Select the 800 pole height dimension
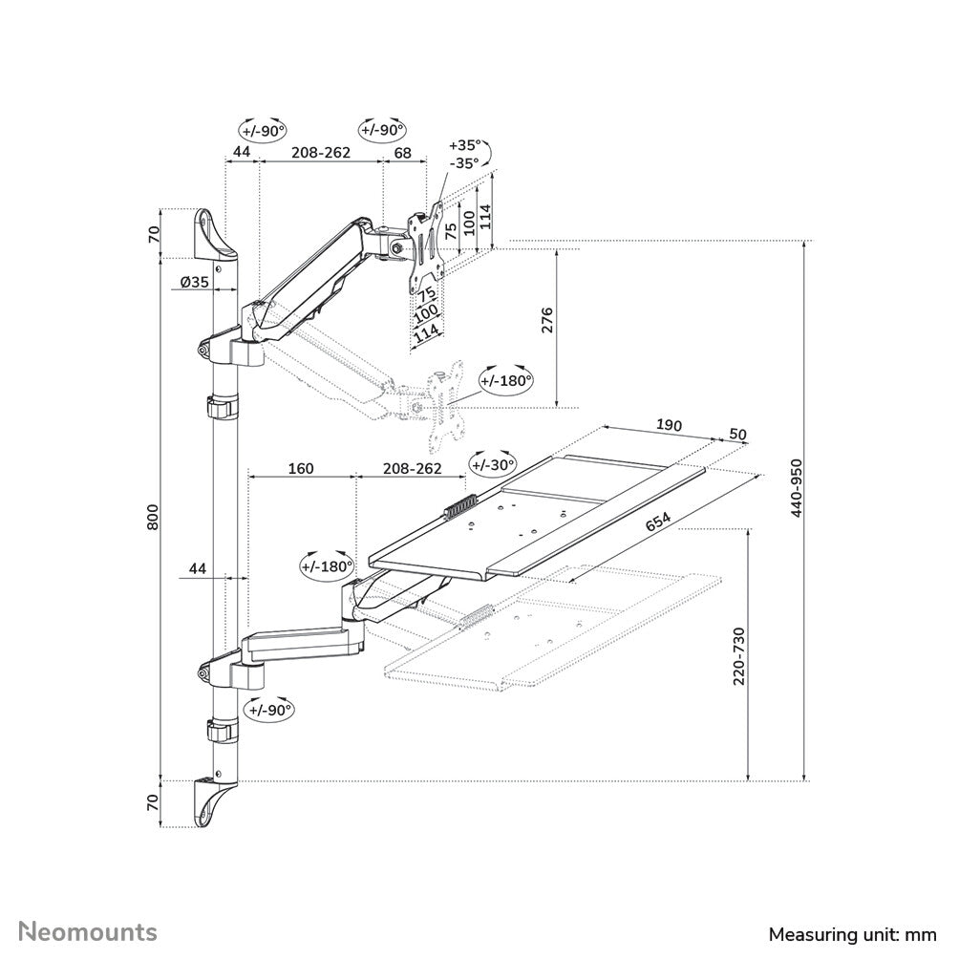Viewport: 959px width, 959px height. pos(154,518)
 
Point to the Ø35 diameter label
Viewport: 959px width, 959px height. pos(194,282)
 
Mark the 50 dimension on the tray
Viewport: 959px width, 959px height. pos(737,434)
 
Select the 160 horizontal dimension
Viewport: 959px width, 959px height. pos(301,469)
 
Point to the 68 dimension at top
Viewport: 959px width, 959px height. pos(402,152)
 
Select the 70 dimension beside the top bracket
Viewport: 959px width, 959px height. pos(154,234)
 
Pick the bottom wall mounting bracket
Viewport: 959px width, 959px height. pos(212,801)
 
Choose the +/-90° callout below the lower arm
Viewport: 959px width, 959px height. pos(268,710)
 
